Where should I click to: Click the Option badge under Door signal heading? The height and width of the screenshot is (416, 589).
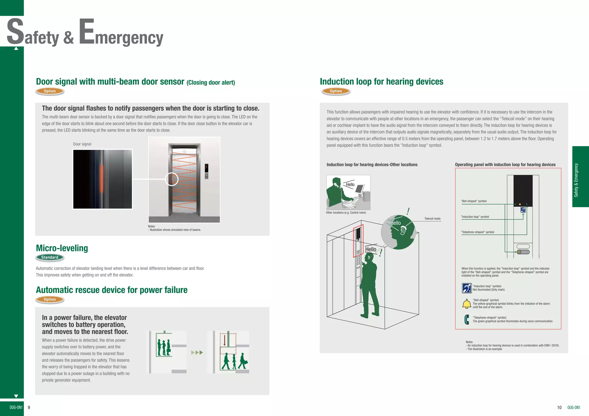point(50,91)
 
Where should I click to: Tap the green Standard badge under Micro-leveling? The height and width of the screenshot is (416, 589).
point(50,257)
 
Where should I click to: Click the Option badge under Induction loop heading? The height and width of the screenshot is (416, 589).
point(336,91)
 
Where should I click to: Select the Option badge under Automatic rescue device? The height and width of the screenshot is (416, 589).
point(50,299)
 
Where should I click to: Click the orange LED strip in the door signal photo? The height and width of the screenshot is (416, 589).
point(102,178)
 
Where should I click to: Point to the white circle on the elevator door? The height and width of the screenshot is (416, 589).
point(172,179)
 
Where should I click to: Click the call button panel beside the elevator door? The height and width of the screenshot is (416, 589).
point(206,172)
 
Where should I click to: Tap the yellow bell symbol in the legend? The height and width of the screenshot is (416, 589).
point(466,304)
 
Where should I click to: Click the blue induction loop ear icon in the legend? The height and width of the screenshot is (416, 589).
point(466,288)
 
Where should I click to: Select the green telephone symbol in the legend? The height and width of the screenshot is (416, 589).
point(466,319)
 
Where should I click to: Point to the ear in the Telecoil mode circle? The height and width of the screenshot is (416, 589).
point(403,230)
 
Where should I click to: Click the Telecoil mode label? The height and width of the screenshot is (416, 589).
point(432,219)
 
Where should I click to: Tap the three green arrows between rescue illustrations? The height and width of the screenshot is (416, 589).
point(197,353)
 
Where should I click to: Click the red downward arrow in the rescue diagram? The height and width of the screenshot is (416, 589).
point(224,340)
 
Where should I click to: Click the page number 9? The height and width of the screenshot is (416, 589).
point(29,407)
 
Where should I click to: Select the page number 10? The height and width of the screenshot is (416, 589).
point(559,407)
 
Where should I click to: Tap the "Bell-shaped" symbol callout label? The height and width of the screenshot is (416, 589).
point(474,201)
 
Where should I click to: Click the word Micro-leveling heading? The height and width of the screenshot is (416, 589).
point(62,248)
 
